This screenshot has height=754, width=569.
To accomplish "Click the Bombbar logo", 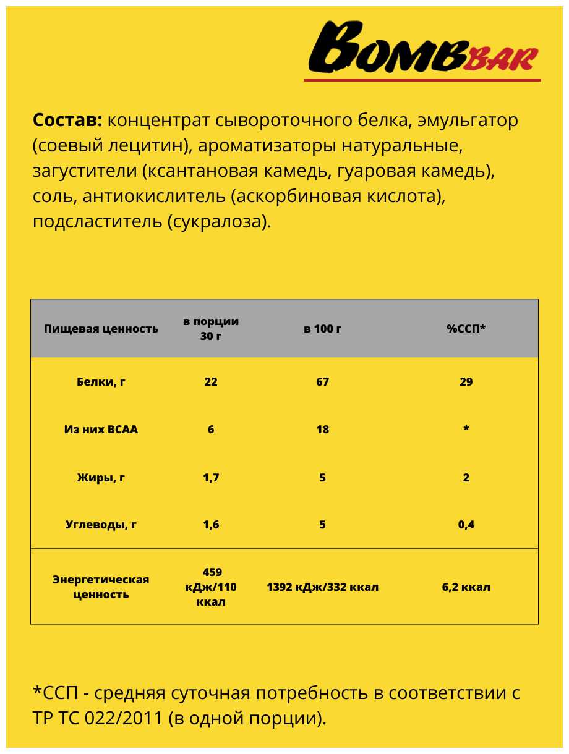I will [423, 50].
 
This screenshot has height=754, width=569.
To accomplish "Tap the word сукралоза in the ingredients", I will [218, 222].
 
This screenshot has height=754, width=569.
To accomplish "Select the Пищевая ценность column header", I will [101, 329].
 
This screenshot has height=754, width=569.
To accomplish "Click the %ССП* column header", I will [466, 329].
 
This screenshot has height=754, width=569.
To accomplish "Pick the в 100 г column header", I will [322, 329].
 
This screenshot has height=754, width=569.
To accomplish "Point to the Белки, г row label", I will [101, 382].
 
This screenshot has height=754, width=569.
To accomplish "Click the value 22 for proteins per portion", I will [211, 382].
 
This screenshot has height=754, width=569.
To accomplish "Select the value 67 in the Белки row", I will [322, 382].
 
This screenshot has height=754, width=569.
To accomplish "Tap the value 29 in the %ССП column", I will [466, 382].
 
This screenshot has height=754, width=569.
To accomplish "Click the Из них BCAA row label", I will [101, 430].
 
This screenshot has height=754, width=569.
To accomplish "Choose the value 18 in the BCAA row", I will [322, 430].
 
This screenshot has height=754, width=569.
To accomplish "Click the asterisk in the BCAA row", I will [466, 430].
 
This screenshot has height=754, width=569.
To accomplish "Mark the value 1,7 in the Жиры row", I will [211, 478].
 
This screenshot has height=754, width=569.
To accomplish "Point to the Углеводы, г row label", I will [101, 525].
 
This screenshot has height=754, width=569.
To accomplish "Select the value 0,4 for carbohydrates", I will [466, 525].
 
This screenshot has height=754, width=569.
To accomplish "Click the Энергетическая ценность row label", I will [101, 587].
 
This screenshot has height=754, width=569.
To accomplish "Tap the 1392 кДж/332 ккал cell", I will [322, 587].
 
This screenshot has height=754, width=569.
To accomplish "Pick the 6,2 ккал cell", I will [466, 587].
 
